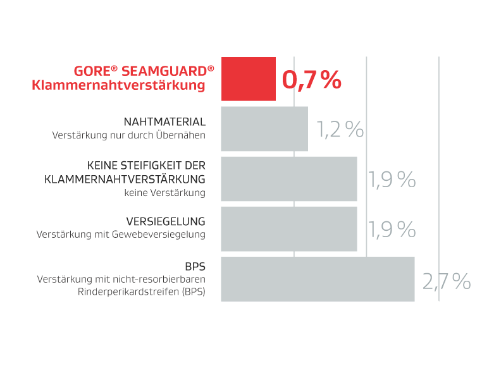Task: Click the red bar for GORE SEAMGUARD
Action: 248,78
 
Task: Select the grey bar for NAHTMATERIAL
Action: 264,128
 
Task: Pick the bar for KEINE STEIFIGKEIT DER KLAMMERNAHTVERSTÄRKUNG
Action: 288,179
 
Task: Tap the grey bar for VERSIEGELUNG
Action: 288,229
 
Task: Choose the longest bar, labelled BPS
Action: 317,279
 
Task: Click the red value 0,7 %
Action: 311,80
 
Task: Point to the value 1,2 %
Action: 340,129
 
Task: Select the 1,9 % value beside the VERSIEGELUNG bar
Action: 392,230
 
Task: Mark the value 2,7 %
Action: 447,281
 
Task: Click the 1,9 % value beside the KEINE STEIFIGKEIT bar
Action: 392,180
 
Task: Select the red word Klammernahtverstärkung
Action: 118,85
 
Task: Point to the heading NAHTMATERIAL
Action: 164,121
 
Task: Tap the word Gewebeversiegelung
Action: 164,235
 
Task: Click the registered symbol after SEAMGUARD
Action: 211,67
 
